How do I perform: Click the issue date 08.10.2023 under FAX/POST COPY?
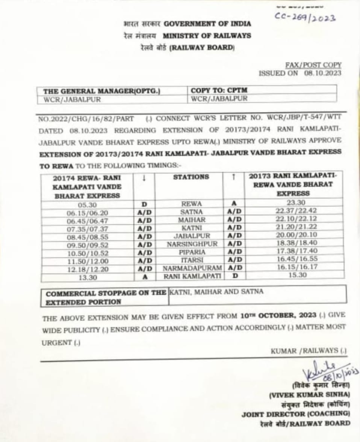pyautogui.click(x=322, y=73)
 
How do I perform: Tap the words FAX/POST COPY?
pyautogui.click(x=313, y=65)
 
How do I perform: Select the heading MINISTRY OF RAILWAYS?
pyautogui.click(x=207, y=36)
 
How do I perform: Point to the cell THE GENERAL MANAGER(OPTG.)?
pyautogui.click(x=101, y=91)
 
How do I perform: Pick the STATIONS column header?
pyautogui.click(x=191, y=176)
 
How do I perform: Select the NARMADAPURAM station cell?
pyautogui.click(x=192, y=268)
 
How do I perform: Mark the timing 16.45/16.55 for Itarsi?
pyautogui.click(x=293, y=259)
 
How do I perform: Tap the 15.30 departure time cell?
pyautogui.click(x=293, y=275)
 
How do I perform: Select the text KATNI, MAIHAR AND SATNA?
pyautogui.click(x=216, y=291)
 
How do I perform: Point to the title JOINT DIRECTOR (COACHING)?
pyautogui.click(x=296, y=414)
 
